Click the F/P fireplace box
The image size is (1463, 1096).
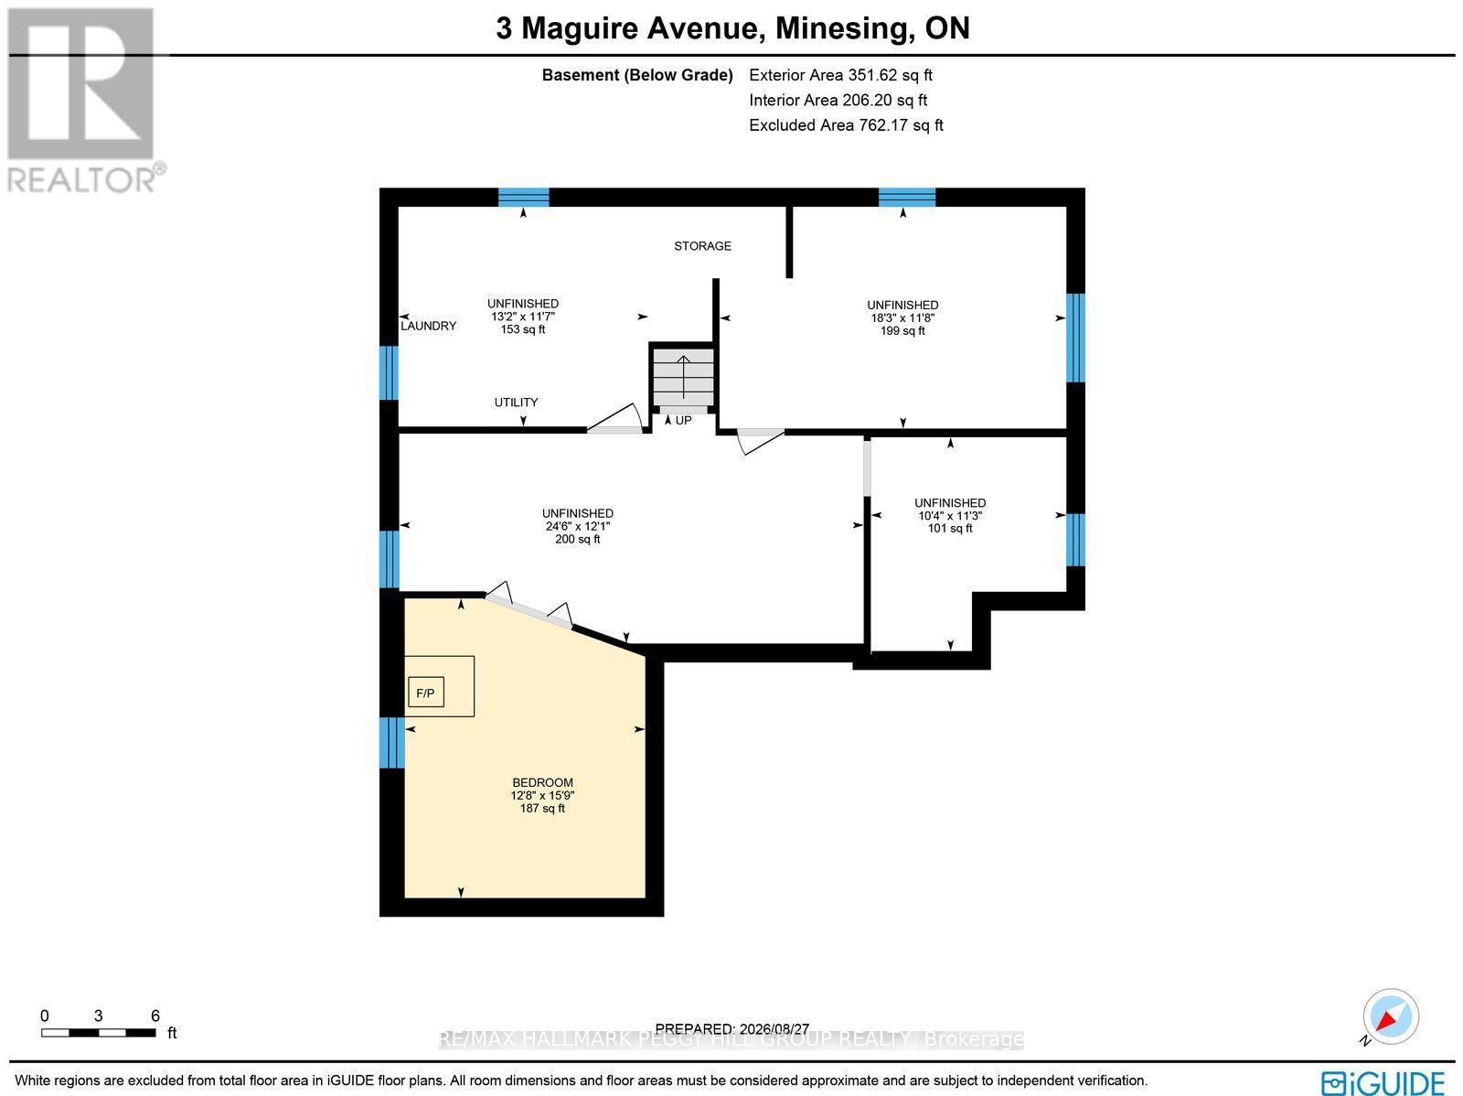coord(426,693)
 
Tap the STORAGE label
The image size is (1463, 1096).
coord(702,246)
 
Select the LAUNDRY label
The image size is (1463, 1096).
coord(429,326)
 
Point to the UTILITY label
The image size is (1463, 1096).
coord(516,402)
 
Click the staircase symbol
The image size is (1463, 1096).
coord(683,377)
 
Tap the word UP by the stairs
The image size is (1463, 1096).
coord(684,421)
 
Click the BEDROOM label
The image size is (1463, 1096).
coord(542,783)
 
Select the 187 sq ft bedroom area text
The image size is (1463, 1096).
coord(542,809)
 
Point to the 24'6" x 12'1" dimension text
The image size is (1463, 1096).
coord(578,526)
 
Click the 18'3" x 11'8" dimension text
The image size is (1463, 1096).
coord(903,318)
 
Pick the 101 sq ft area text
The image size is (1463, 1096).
coord(950,528)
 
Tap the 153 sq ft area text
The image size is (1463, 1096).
coord(523,329)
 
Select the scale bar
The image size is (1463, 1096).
coord(99,1033)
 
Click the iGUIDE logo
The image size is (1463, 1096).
coord(1383,1081)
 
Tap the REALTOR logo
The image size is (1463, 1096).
coord(83,101)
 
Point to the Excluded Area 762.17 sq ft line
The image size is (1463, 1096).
coord(846,125)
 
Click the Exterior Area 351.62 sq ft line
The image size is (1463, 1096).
coord(840,75)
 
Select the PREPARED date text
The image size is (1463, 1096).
coord(732,1029)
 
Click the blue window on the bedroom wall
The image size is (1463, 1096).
coord(392,742)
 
